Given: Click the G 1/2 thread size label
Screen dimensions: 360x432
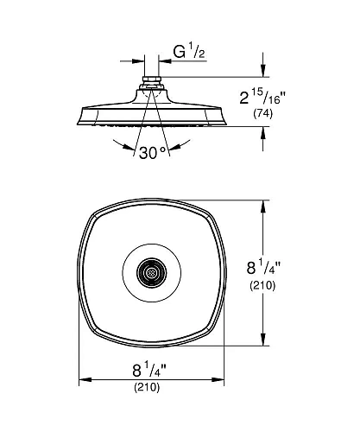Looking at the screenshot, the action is click(x=189, y=52).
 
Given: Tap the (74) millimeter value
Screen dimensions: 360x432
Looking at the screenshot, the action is click(x=262, y=113).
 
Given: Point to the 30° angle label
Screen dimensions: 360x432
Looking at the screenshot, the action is click(x=153, y=152).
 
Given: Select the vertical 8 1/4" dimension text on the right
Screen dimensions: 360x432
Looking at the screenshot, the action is click(x=263, y=266).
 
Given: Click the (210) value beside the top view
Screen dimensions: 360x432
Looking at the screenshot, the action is click(x=262, y=285).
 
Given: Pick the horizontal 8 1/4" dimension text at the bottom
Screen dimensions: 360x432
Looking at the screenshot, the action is click(x=149, y=369).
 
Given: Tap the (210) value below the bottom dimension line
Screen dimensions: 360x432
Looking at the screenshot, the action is click(x=147, y=387).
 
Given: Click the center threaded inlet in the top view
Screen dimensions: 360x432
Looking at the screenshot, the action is click(x=151, y=272).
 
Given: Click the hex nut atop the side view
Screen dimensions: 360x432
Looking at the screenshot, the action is click(x=151, y=79).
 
